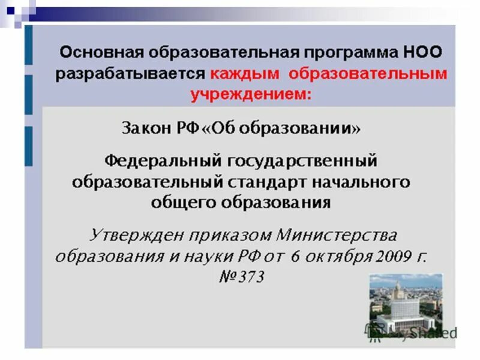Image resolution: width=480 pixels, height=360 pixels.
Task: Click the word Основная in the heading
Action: (97, 53)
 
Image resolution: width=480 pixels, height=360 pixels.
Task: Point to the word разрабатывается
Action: (130, 74)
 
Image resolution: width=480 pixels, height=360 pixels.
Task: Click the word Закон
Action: (147, 128)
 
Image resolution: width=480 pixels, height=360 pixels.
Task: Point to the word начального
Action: (364, 181)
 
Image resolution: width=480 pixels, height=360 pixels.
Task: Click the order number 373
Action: (251, 277)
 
